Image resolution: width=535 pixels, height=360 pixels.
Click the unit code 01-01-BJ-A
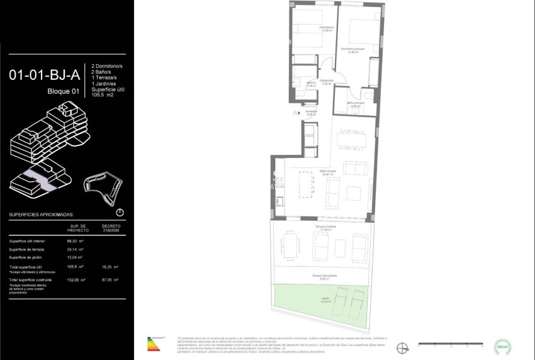(44, 76)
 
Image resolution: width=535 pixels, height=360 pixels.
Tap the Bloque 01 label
(64, 92)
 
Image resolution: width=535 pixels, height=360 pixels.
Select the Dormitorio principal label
(353, 50)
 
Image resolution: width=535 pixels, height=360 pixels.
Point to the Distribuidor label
(325, 82)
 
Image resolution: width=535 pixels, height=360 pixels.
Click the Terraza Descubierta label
(325, 276)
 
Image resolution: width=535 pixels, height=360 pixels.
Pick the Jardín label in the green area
(325, 301)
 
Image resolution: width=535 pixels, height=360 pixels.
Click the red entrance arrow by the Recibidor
(296, 113)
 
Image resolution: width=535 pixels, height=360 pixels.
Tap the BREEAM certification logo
(502, 345)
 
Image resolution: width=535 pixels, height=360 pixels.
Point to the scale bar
(449, 344)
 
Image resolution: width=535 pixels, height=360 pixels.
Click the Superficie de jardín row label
(26, 257)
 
